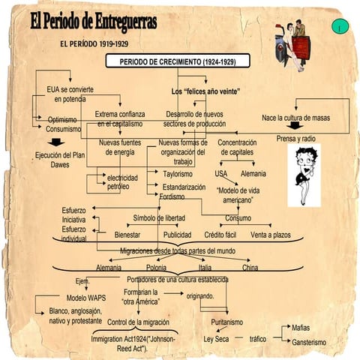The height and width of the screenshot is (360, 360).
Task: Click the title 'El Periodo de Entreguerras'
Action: (94, 23)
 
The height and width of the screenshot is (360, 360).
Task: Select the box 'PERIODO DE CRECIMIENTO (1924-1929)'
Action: (183, 61)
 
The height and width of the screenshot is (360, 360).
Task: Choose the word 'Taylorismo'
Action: (178, 174)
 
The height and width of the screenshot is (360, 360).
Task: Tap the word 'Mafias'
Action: (301, 328)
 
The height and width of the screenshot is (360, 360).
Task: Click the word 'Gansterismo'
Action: (308, 342)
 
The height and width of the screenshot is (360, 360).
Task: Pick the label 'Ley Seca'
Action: (216, 339)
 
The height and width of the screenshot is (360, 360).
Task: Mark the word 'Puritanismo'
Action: (226, 322)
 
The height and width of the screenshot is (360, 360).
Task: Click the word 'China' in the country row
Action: (250, 268)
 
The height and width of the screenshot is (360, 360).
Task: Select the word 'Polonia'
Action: (157, 268)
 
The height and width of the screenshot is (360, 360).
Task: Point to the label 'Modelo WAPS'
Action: (86, 298)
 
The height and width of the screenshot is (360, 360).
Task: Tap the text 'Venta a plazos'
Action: (271, 235)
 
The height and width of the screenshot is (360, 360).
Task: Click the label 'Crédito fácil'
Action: (220, 235)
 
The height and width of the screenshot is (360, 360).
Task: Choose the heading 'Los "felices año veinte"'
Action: (205, 91)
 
